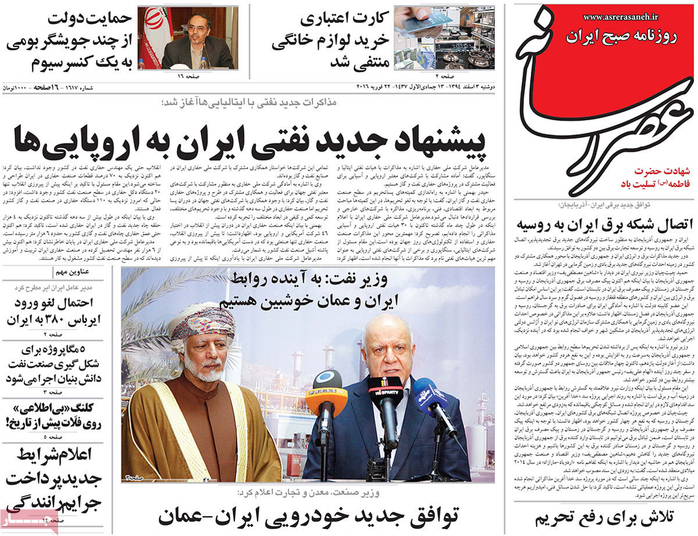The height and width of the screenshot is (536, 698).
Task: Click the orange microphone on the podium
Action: pyautogui.click(x=326, y=396)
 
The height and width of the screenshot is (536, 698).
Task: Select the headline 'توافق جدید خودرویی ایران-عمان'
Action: pyautogui.click(x=308, y=515)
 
